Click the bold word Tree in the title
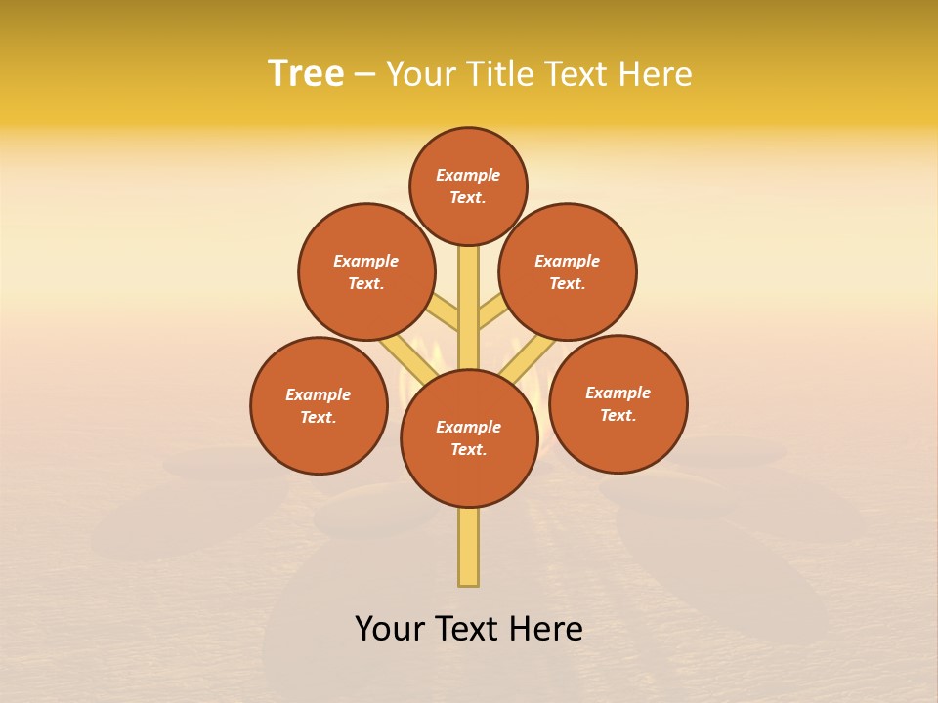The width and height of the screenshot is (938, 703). pyautogui.click(x=306, y=74)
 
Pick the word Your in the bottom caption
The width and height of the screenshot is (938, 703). pyautogui.click(x=389, y=629)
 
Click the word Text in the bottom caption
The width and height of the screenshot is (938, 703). pyautogui.click(x=465, y=629)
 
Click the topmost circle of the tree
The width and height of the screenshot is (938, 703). pyautogui.click(x=468, y=186)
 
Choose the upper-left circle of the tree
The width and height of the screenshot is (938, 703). pyautogui.click(x=366, y=272)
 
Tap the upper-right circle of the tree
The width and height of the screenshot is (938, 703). pyautogui.click(x=568, y=272)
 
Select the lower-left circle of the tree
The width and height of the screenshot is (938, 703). pyautogui.click(x=319, y=406)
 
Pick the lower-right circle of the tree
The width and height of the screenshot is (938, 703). pyautogui.click(x=618, y=404)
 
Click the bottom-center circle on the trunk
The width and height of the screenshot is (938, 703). pyautogui.click(x=469, y=438)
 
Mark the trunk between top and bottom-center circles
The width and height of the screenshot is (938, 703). pyautogui.click(x=469, y=312)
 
